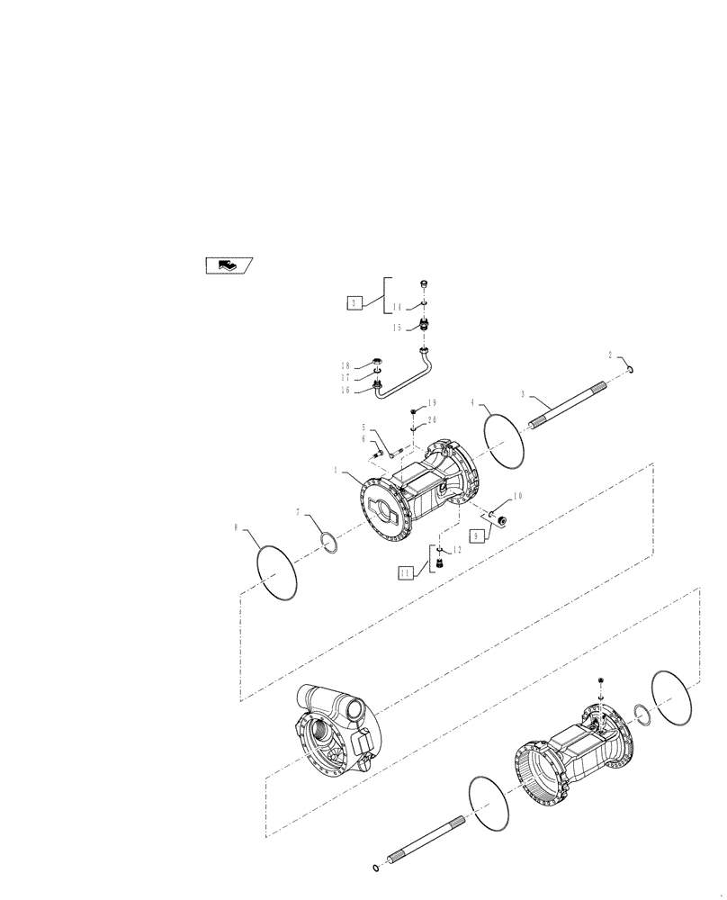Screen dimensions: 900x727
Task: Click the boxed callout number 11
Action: (x=407, y=571)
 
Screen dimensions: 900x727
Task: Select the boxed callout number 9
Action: (x=476, y=534)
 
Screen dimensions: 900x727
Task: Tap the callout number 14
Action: (x=399, y=307)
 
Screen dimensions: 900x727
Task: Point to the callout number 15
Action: (x=399, y=328)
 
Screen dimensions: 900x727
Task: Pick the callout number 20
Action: (x=432, y=419)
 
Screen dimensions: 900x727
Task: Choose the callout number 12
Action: (x=457, y=550)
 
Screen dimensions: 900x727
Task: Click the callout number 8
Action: (x=236, y=531)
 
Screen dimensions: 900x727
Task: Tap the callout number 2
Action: (x=610, y=355)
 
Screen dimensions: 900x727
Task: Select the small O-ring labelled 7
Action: (x=330, y=543)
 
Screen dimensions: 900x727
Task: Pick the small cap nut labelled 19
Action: (x=414, y=410)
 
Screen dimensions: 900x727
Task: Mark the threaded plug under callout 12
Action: (x=440, y=564)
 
